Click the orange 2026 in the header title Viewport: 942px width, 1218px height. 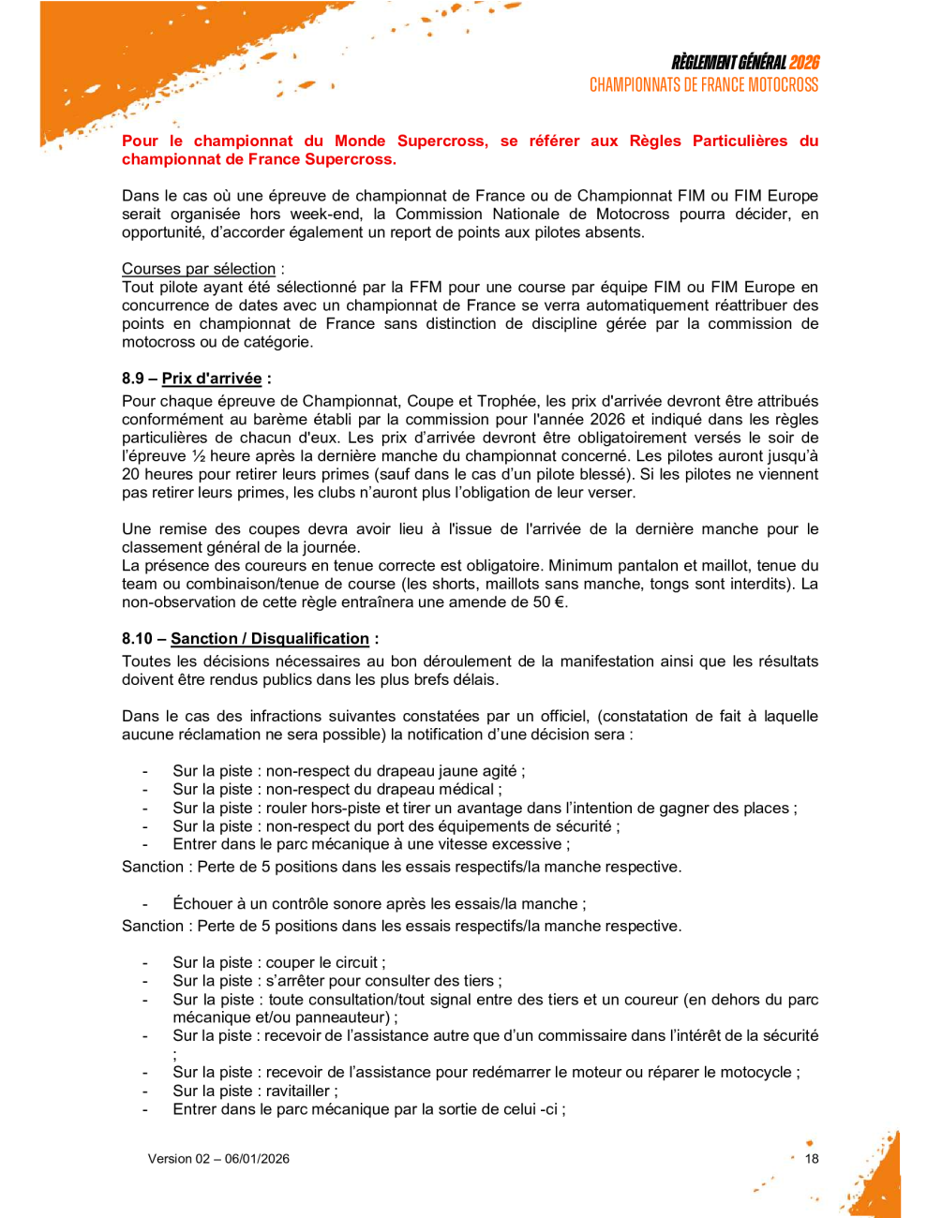(803, 63)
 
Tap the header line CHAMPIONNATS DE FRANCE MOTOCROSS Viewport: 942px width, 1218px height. (704, 85)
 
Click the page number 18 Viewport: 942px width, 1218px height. (812, 1159)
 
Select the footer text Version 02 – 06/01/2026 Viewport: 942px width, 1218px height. (218, 1159)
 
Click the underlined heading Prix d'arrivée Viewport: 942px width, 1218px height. (212, 379)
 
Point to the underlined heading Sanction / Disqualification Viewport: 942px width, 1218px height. (270, 639)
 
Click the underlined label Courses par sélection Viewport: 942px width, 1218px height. (199, 269)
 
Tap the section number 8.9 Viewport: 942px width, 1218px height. (133, 379)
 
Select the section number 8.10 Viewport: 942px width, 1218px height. (137, 639)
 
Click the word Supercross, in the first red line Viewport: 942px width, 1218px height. (442, 141)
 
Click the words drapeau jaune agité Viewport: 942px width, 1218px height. (448, 771)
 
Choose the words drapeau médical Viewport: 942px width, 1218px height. (436, 790)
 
